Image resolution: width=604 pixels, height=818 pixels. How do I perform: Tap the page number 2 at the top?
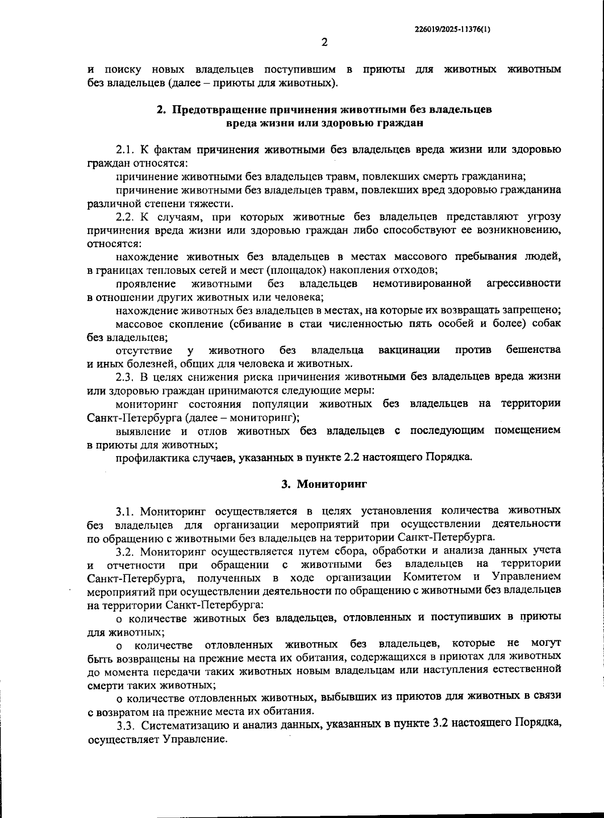[x=324, y=42]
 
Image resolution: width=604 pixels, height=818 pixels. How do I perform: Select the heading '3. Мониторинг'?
[x=324, y=484]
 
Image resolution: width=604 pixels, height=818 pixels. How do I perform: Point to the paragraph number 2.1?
[x=125, y=150]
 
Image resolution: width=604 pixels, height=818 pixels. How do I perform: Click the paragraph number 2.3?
[x=125, y=377]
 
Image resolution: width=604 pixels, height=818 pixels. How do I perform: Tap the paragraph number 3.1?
[x=125, y=511]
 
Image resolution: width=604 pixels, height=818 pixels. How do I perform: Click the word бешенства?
[x=533, y=350]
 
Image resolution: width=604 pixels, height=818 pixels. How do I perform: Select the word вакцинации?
[x=409, y=350]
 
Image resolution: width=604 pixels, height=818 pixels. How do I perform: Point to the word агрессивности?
[x=523, y=283]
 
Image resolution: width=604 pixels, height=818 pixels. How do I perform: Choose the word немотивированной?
[x=422, y=283]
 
